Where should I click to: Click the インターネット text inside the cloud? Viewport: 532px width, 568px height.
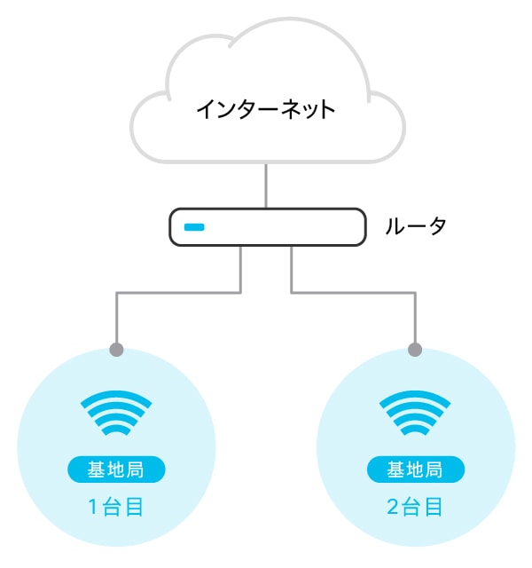[x=265, y=110]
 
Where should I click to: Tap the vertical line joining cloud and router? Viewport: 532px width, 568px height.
[x=265, y=185]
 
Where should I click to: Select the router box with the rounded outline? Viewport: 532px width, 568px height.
[x=266, y=228]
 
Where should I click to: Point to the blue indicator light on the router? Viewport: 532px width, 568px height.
[x=194, y=228]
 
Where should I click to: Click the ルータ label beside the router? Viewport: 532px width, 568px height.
[x=415, y=226]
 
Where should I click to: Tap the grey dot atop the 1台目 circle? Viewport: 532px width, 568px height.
[x=116, y=350]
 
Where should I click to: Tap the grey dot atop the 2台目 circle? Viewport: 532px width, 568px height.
[x=415, y=350]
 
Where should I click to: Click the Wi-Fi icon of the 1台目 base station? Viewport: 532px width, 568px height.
[x=116, y=414]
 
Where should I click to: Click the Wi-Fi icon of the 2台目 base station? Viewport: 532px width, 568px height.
[x=415, y=414]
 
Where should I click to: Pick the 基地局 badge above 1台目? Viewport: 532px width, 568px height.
[x=116, y=469]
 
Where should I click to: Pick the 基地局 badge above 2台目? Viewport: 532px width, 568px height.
[x=415, y=469]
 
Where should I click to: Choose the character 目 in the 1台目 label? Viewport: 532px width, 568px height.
[x=135, y=508]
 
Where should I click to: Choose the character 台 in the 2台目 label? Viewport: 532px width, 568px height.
[x=413, y=508]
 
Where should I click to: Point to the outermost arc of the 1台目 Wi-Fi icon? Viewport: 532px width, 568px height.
[x=116, y=398]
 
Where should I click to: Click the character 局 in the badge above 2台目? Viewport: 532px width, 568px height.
[x=434, y=469]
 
